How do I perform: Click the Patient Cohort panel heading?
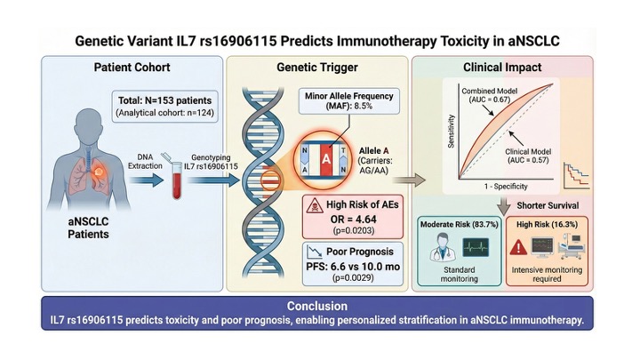[x=133, y=68]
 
